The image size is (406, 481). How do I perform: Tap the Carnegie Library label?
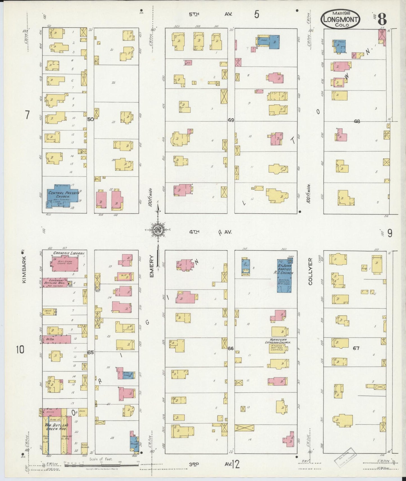pos(69,253)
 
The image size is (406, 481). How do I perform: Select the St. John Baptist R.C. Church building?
pos(284,276)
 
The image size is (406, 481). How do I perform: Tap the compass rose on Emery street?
pos(158,230)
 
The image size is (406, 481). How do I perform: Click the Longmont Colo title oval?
pos(341,19)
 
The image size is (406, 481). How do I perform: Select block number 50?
pos(90,119)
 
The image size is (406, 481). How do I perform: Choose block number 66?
pos(231,348)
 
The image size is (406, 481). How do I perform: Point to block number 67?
pos(356,348)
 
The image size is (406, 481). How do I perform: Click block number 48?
pos(357,122)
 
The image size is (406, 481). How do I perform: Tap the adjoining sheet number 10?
pos(20,350)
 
